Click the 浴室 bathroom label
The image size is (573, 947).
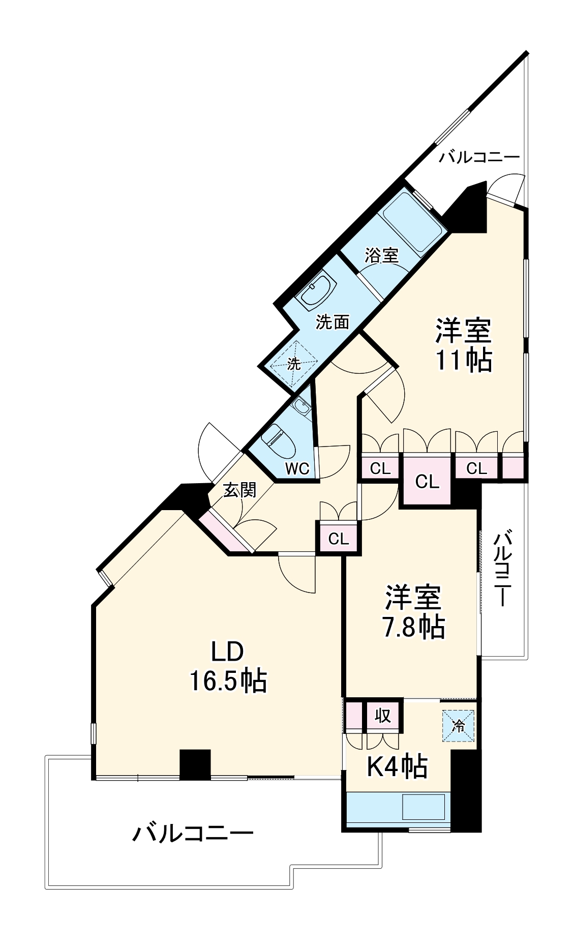pyautogui.click(x=381, y=255)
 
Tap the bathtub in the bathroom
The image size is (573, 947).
pyautogui.click(x=411, y=227)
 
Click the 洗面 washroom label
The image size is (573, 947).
pyautogui.click(x=333, y=322)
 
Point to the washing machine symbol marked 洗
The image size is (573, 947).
pyautogui.click(x=294, y=364)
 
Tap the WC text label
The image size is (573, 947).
pyautogui.click(x=297, y=468)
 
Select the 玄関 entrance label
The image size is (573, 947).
pyautogui.click(x=240, y=490)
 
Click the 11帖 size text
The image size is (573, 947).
pyautogui.click(x=463, y=360)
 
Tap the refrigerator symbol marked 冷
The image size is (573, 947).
pyautogui.click(x=458, y=726)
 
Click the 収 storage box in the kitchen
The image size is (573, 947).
pyautogui.click(x=383, y=716)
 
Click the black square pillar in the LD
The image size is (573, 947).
pyautogui.click(x=195, y=764)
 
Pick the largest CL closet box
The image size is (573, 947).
pyautogui.click(x=427, y=481)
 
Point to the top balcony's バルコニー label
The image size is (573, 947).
pyautogui.click(x=479, y=157)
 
